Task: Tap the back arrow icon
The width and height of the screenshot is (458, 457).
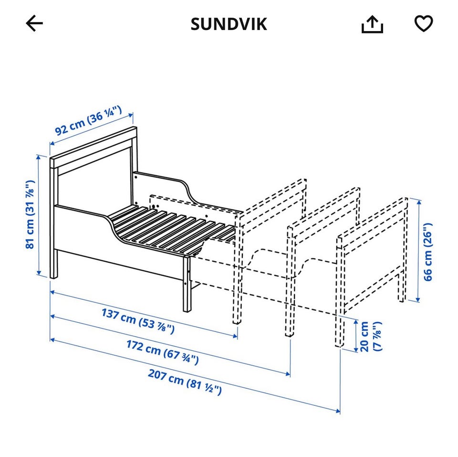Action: [34, 23]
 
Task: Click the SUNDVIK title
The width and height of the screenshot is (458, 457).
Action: [229, 24]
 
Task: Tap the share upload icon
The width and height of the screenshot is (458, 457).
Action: [372, 24]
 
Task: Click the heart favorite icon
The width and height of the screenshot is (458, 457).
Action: [424, 23]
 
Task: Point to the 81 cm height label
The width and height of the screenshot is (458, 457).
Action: [31, 214]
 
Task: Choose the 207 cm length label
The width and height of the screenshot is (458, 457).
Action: [185, 382]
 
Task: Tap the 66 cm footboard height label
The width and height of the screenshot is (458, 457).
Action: [428, 252]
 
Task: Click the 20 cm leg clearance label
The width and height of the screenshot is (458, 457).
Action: [371, 336]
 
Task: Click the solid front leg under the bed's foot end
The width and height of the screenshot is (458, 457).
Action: [187, 284]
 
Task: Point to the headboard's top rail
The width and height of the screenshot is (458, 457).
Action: [94, 147]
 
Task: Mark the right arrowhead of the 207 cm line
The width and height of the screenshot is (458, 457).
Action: [338, 411]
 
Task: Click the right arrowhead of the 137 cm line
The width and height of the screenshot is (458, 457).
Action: [235, 336]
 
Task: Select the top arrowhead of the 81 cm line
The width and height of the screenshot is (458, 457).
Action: [38, 157]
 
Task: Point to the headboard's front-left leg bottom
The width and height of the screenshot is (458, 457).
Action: [53, 277]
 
